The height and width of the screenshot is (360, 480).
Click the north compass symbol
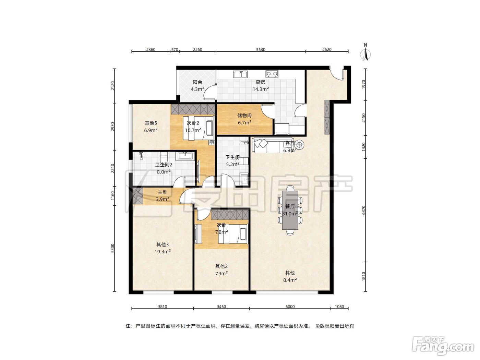click(x=365, y=52)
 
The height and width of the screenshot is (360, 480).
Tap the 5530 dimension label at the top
click(x=261, y=50)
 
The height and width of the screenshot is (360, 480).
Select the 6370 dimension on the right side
click(x=363, y=210)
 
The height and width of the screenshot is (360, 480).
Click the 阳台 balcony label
click(x=197, y=82)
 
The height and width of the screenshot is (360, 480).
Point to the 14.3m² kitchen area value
click(x=261, y=89)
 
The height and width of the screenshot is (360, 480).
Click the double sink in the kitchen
click(x=240, y=74)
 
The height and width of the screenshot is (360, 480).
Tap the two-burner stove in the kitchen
click(x=272, y=74)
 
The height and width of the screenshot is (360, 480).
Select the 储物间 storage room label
click(x=244, y=116)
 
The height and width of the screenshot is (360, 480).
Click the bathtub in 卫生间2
click(x=185, y=156)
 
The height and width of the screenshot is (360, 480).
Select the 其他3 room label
click(x=163, y=244)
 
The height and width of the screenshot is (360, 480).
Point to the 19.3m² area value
click(x=163, y=252)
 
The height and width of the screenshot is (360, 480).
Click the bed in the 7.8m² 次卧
click(x=233, y=235)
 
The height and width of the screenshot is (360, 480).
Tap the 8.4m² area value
click(x=290, y=280)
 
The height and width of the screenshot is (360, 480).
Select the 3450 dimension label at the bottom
click(x=221, y=307)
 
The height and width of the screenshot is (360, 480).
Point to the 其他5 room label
click(x=151, y=123)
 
